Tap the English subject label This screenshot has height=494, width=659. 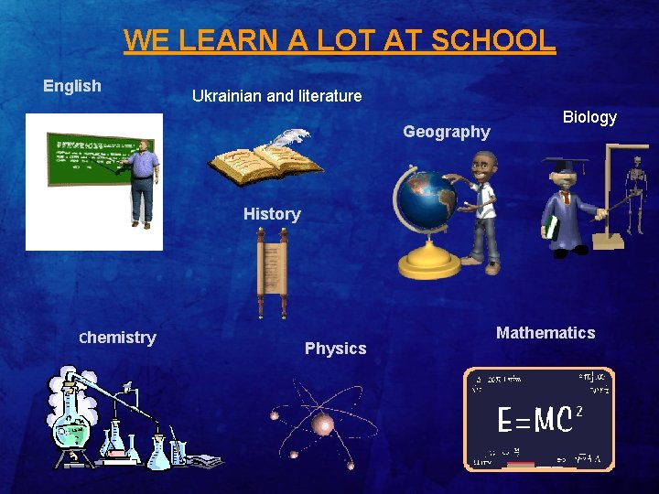point(72,86)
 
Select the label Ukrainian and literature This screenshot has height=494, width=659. point(276,95)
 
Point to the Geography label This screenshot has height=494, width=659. point(447,132)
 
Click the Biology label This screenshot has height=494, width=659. point(589,117)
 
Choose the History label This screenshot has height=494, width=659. point(272,214)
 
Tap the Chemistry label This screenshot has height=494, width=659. point(118,338)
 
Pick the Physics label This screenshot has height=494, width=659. point(335,349)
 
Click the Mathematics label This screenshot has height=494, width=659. point(546,333)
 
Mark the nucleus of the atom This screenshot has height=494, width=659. point(322,423)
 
